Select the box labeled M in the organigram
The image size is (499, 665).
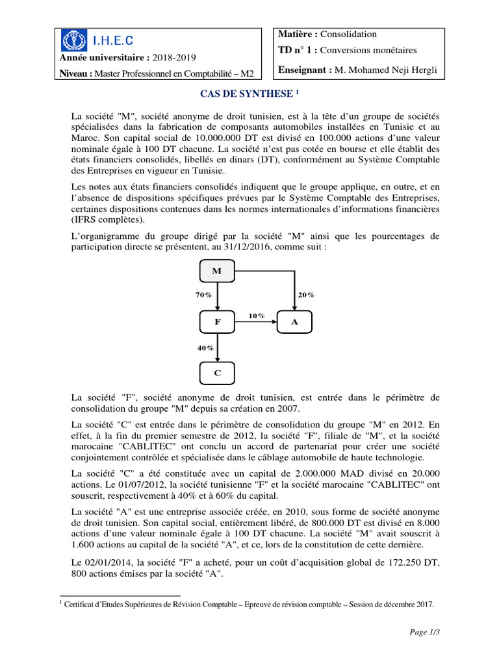pos(217,271)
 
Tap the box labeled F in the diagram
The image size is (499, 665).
pos(217,321)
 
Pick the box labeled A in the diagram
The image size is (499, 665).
pos(294,321)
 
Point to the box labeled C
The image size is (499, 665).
pos(217,373)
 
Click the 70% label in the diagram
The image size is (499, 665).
pos(203,295)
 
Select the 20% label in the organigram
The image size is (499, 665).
pos(306,295)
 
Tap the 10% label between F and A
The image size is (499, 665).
pos(256,316)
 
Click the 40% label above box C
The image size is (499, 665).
pos(205,348)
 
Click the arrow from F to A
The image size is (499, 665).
pos(256,321)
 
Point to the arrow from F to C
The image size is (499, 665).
pos(218,347)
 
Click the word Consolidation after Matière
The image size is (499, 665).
pos(349,34)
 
